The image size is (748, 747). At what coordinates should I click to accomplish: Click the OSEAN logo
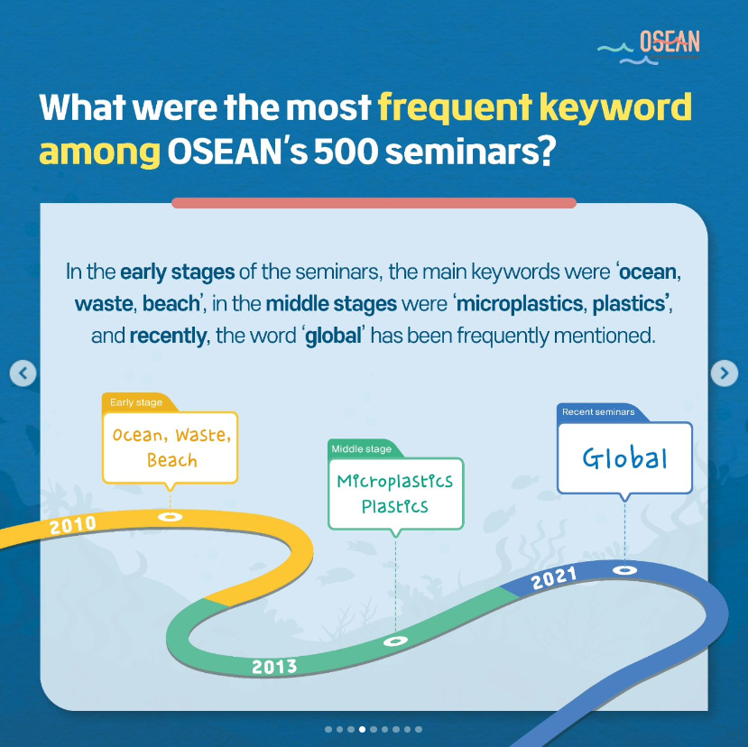pos(649,47)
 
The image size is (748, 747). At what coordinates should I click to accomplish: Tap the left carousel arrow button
pos(23,373)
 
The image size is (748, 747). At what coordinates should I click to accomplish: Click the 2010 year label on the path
pos(73,525)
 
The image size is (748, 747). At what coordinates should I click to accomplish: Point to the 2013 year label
pos(274,667)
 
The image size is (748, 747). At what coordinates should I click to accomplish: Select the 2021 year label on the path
pos(554,577)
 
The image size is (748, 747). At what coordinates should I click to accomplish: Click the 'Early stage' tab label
pos(136,402)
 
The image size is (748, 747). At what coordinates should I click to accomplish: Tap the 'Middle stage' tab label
pos(361,449)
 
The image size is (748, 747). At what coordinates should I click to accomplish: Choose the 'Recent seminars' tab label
pos(598,411)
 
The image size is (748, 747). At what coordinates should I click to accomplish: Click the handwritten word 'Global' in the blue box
pos(624,458)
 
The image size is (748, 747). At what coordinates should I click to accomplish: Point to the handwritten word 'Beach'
pos(171,460)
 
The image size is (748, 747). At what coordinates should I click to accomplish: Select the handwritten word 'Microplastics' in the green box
pos(394,481)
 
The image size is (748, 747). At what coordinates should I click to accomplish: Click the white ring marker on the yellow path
pos(170,517)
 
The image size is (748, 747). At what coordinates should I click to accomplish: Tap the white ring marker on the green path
pos(395,641)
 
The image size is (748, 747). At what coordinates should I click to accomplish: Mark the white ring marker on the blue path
pos(624,569)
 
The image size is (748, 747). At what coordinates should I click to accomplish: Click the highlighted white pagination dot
pos(362,729)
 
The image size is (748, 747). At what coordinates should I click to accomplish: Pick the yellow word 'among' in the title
pos(99,153)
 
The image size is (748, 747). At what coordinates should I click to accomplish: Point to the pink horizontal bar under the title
pos(374,203)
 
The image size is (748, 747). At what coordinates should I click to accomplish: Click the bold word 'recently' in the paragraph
pos(168,336)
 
